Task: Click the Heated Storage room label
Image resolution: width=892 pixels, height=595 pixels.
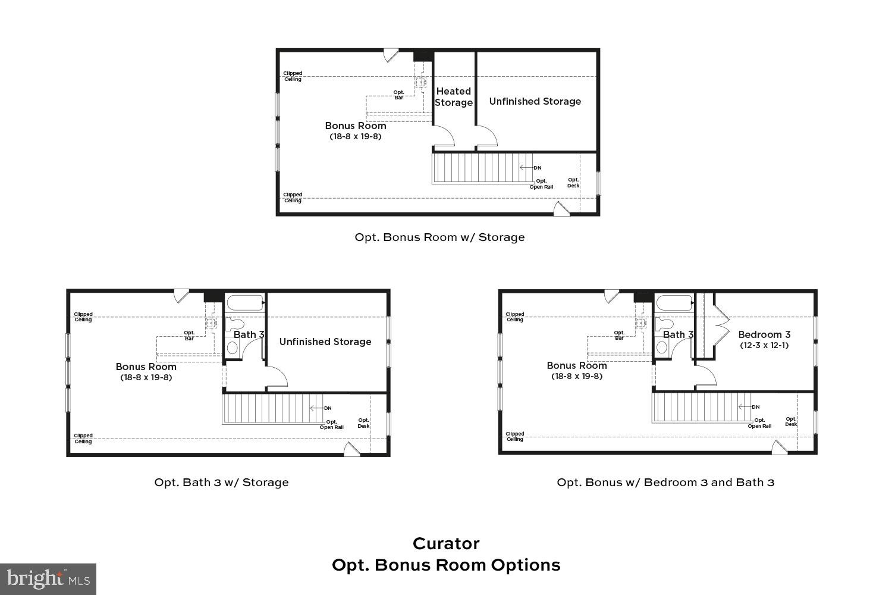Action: tap(454, 97)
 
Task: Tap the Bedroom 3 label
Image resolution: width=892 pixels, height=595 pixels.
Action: tap(764, 334)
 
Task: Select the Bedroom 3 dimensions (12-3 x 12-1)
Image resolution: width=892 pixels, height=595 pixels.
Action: tap(764, 345)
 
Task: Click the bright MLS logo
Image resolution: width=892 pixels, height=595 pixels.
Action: tap(48, 579)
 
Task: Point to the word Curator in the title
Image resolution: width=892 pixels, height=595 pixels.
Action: tap(446, 544)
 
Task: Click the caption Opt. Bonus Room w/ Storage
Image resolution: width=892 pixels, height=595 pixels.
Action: tap(439, 237)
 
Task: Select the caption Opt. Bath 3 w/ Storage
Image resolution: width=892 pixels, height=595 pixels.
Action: tap(221, 482)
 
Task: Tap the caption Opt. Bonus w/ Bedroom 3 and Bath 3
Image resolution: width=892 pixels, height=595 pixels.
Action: tap(665, 482)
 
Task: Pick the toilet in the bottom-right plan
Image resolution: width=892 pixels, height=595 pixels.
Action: tap(664, 324)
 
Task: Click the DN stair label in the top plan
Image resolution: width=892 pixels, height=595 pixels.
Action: tap(538, 168)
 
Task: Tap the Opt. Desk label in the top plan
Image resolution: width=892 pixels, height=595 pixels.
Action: tap(573, 183)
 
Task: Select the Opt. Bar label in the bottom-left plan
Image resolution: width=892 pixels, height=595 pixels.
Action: tap(189, 336)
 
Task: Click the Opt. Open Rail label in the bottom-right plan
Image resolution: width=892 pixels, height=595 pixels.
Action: tap(759, 423)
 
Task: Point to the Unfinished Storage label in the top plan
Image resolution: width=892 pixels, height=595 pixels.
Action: tap(535, 101)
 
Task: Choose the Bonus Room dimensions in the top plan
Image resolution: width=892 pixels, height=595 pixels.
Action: tap(356, 136)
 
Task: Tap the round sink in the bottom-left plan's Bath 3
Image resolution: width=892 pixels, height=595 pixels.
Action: tap(232, 348)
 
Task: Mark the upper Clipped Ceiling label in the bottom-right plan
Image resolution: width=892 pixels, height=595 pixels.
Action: tap(515, 317)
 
